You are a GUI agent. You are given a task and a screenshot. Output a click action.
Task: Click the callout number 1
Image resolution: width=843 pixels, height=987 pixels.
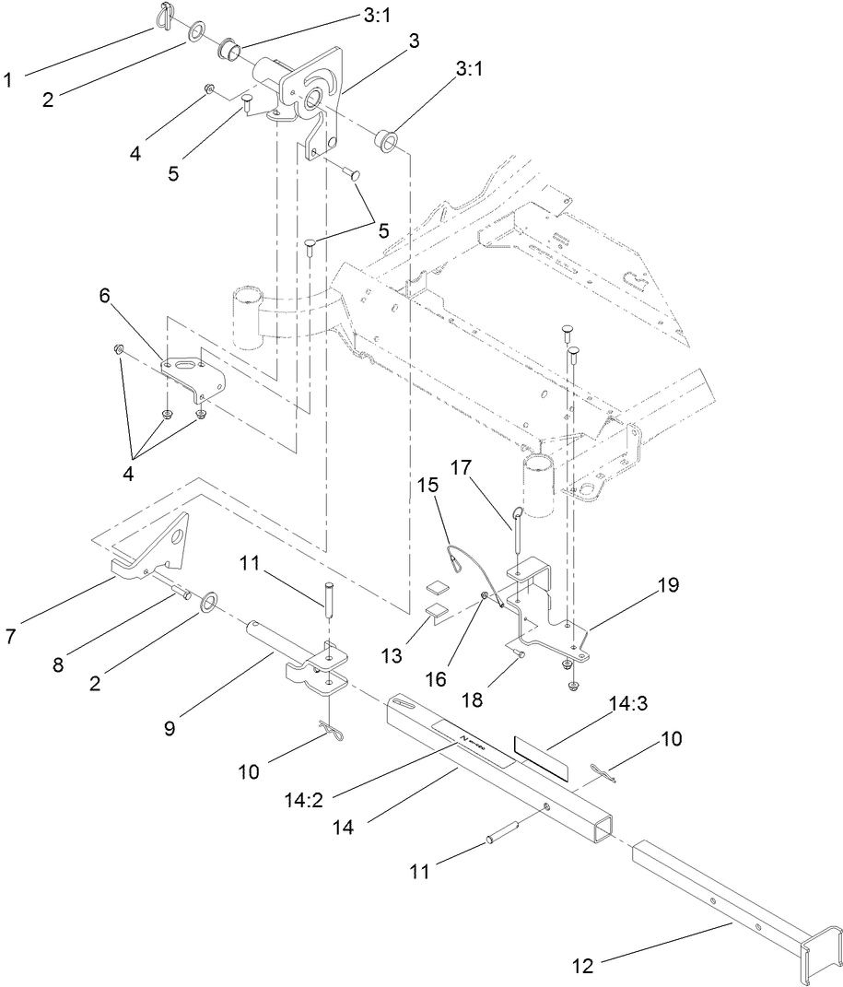click(8, 80)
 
